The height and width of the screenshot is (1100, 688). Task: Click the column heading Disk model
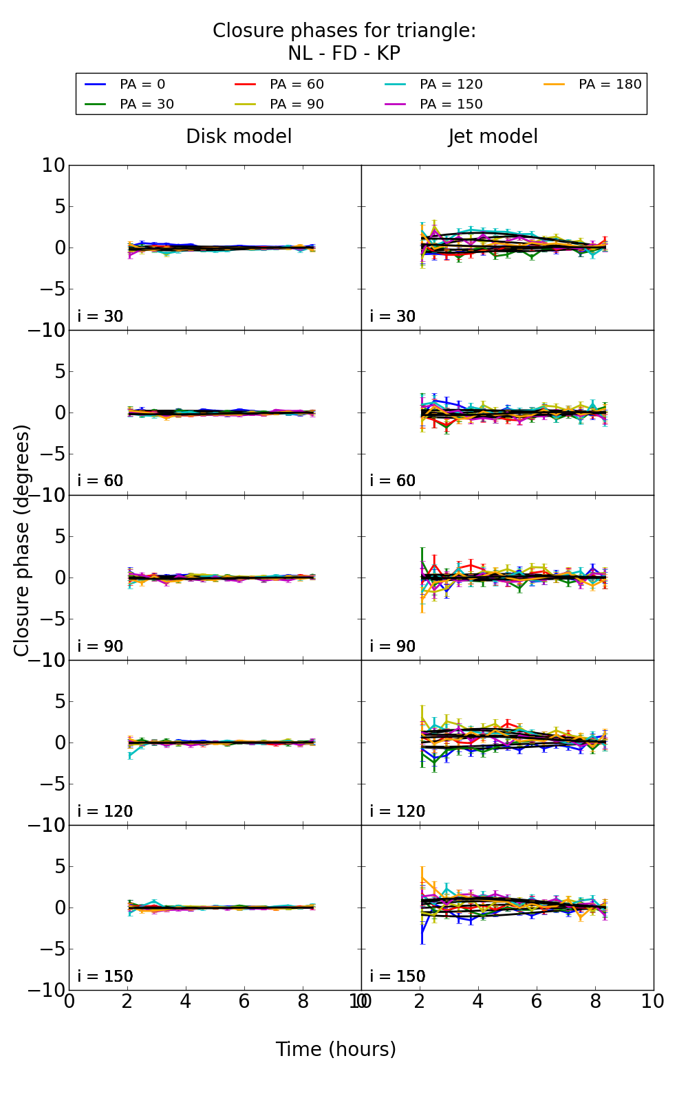pyautogui.click(x=239, y=137)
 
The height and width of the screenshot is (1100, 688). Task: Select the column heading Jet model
pyautogui.click(x=493, y=137)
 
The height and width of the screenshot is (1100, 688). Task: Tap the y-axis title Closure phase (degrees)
pyautogui.click(x=22, y=540)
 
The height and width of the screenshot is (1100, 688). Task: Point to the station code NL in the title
pyautogui.click(x=300, y=54)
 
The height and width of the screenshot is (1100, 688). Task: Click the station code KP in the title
pyautogui.click(x=387, y=54)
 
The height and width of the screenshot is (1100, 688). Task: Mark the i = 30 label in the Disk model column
pyautogui.click(x=100, y=316)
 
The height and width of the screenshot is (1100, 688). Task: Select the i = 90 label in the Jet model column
pyautogui.click(x=393, y=646)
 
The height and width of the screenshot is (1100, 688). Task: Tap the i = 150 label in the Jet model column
pyautogui.click(x=398, y=976)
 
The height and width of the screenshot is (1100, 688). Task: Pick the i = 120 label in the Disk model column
pyautogui.click(x=105, y=811)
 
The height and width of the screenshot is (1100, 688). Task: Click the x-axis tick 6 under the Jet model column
pyautogui.click(x=536, y=1002)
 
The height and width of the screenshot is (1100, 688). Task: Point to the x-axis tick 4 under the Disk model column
pyautogui.click(x=186, y=1002)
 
